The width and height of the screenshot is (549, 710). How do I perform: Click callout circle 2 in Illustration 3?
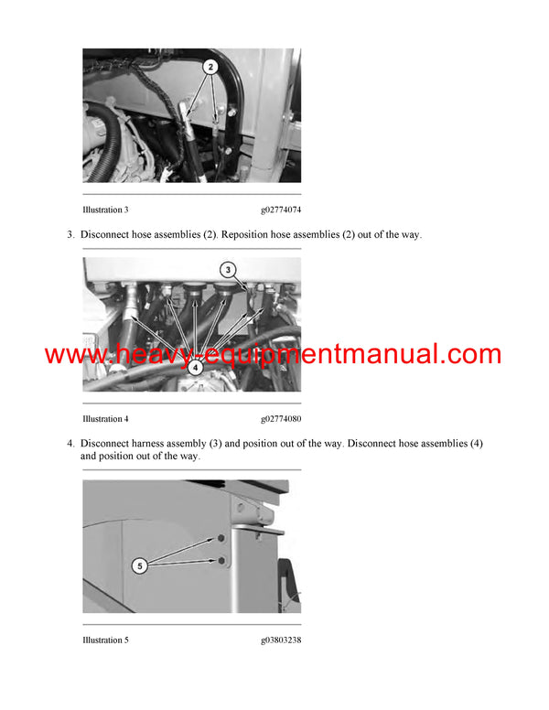(x=210, y=67)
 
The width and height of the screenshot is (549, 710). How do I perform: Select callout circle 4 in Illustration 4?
(x=194, y=370)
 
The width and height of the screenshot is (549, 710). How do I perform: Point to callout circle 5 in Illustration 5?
(x=140, y=566)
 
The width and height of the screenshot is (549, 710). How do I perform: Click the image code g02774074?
(x=280, y=210)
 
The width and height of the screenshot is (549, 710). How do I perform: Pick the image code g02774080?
(x=280, y=419)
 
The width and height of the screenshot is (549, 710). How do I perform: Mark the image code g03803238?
(x=280, y=640)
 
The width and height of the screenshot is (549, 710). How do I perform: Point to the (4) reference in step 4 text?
(x=475, y=444)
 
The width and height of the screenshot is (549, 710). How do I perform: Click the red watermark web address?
(x=273, y=355)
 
